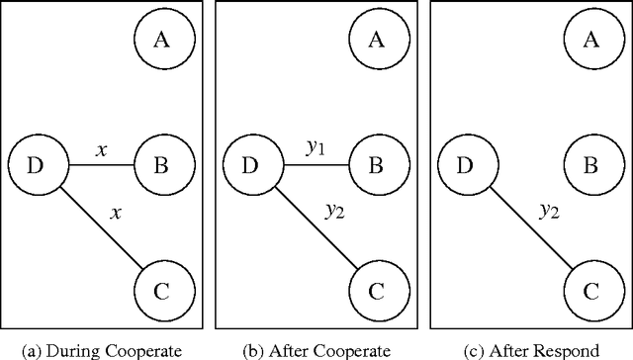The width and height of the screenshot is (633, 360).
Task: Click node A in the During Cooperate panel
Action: click(x=161, y=41)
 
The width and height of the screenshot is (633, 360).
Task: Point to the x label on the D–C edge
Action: click(x=117, y=212)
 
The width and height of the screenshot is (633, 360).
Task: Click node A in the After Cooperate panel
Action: click(x=377, y=41)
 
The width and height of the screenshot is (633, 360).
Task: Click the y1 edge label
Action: click(x=316, y=149)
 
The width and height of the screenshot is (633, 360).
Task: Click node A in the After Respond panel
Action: click(x=591, y=41)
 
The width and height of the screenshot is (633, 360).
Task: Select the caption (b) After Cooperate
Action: click(x=316, y=348)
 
